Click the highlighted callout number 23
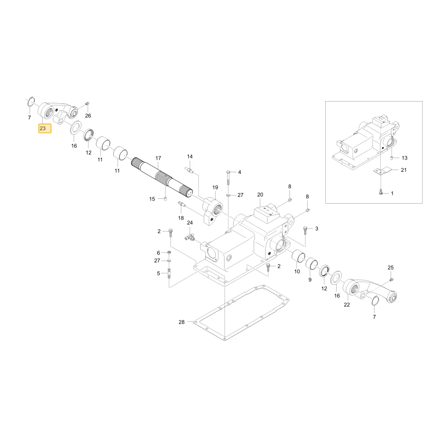pos(43,129)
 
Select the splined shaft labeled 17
pos(162,177)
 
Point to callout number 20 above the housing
pos(260,194)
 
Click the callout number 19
pos(215,187)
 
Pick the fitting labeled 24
pos(190,237)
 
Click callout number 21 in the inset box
pos(404,170)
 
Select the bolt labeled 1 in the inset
pos(381,192)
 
